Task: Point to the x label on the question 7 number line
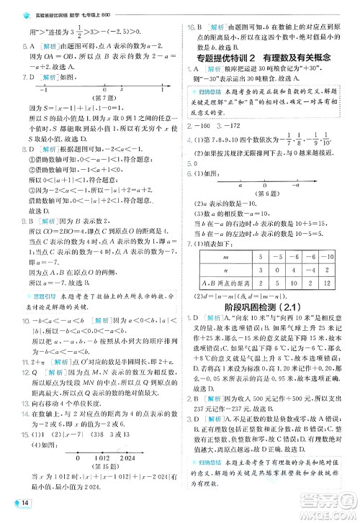[121, 90]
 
